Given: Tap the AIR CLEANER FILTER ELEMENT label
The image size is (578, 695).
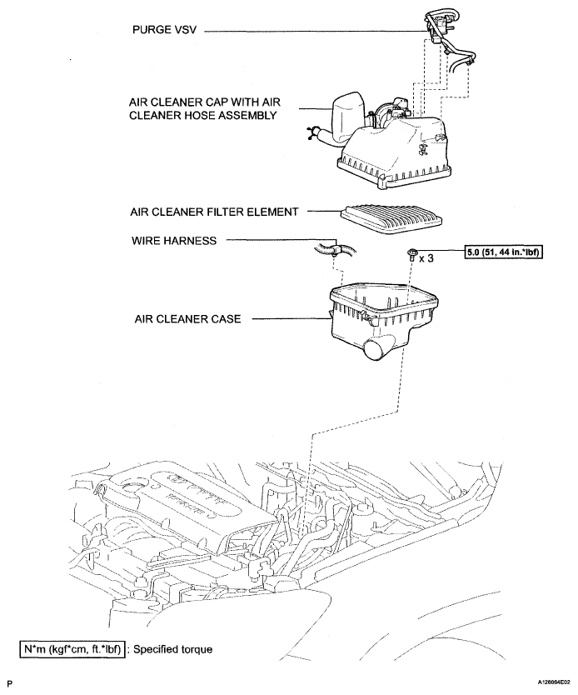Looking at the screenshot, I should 212,212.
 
